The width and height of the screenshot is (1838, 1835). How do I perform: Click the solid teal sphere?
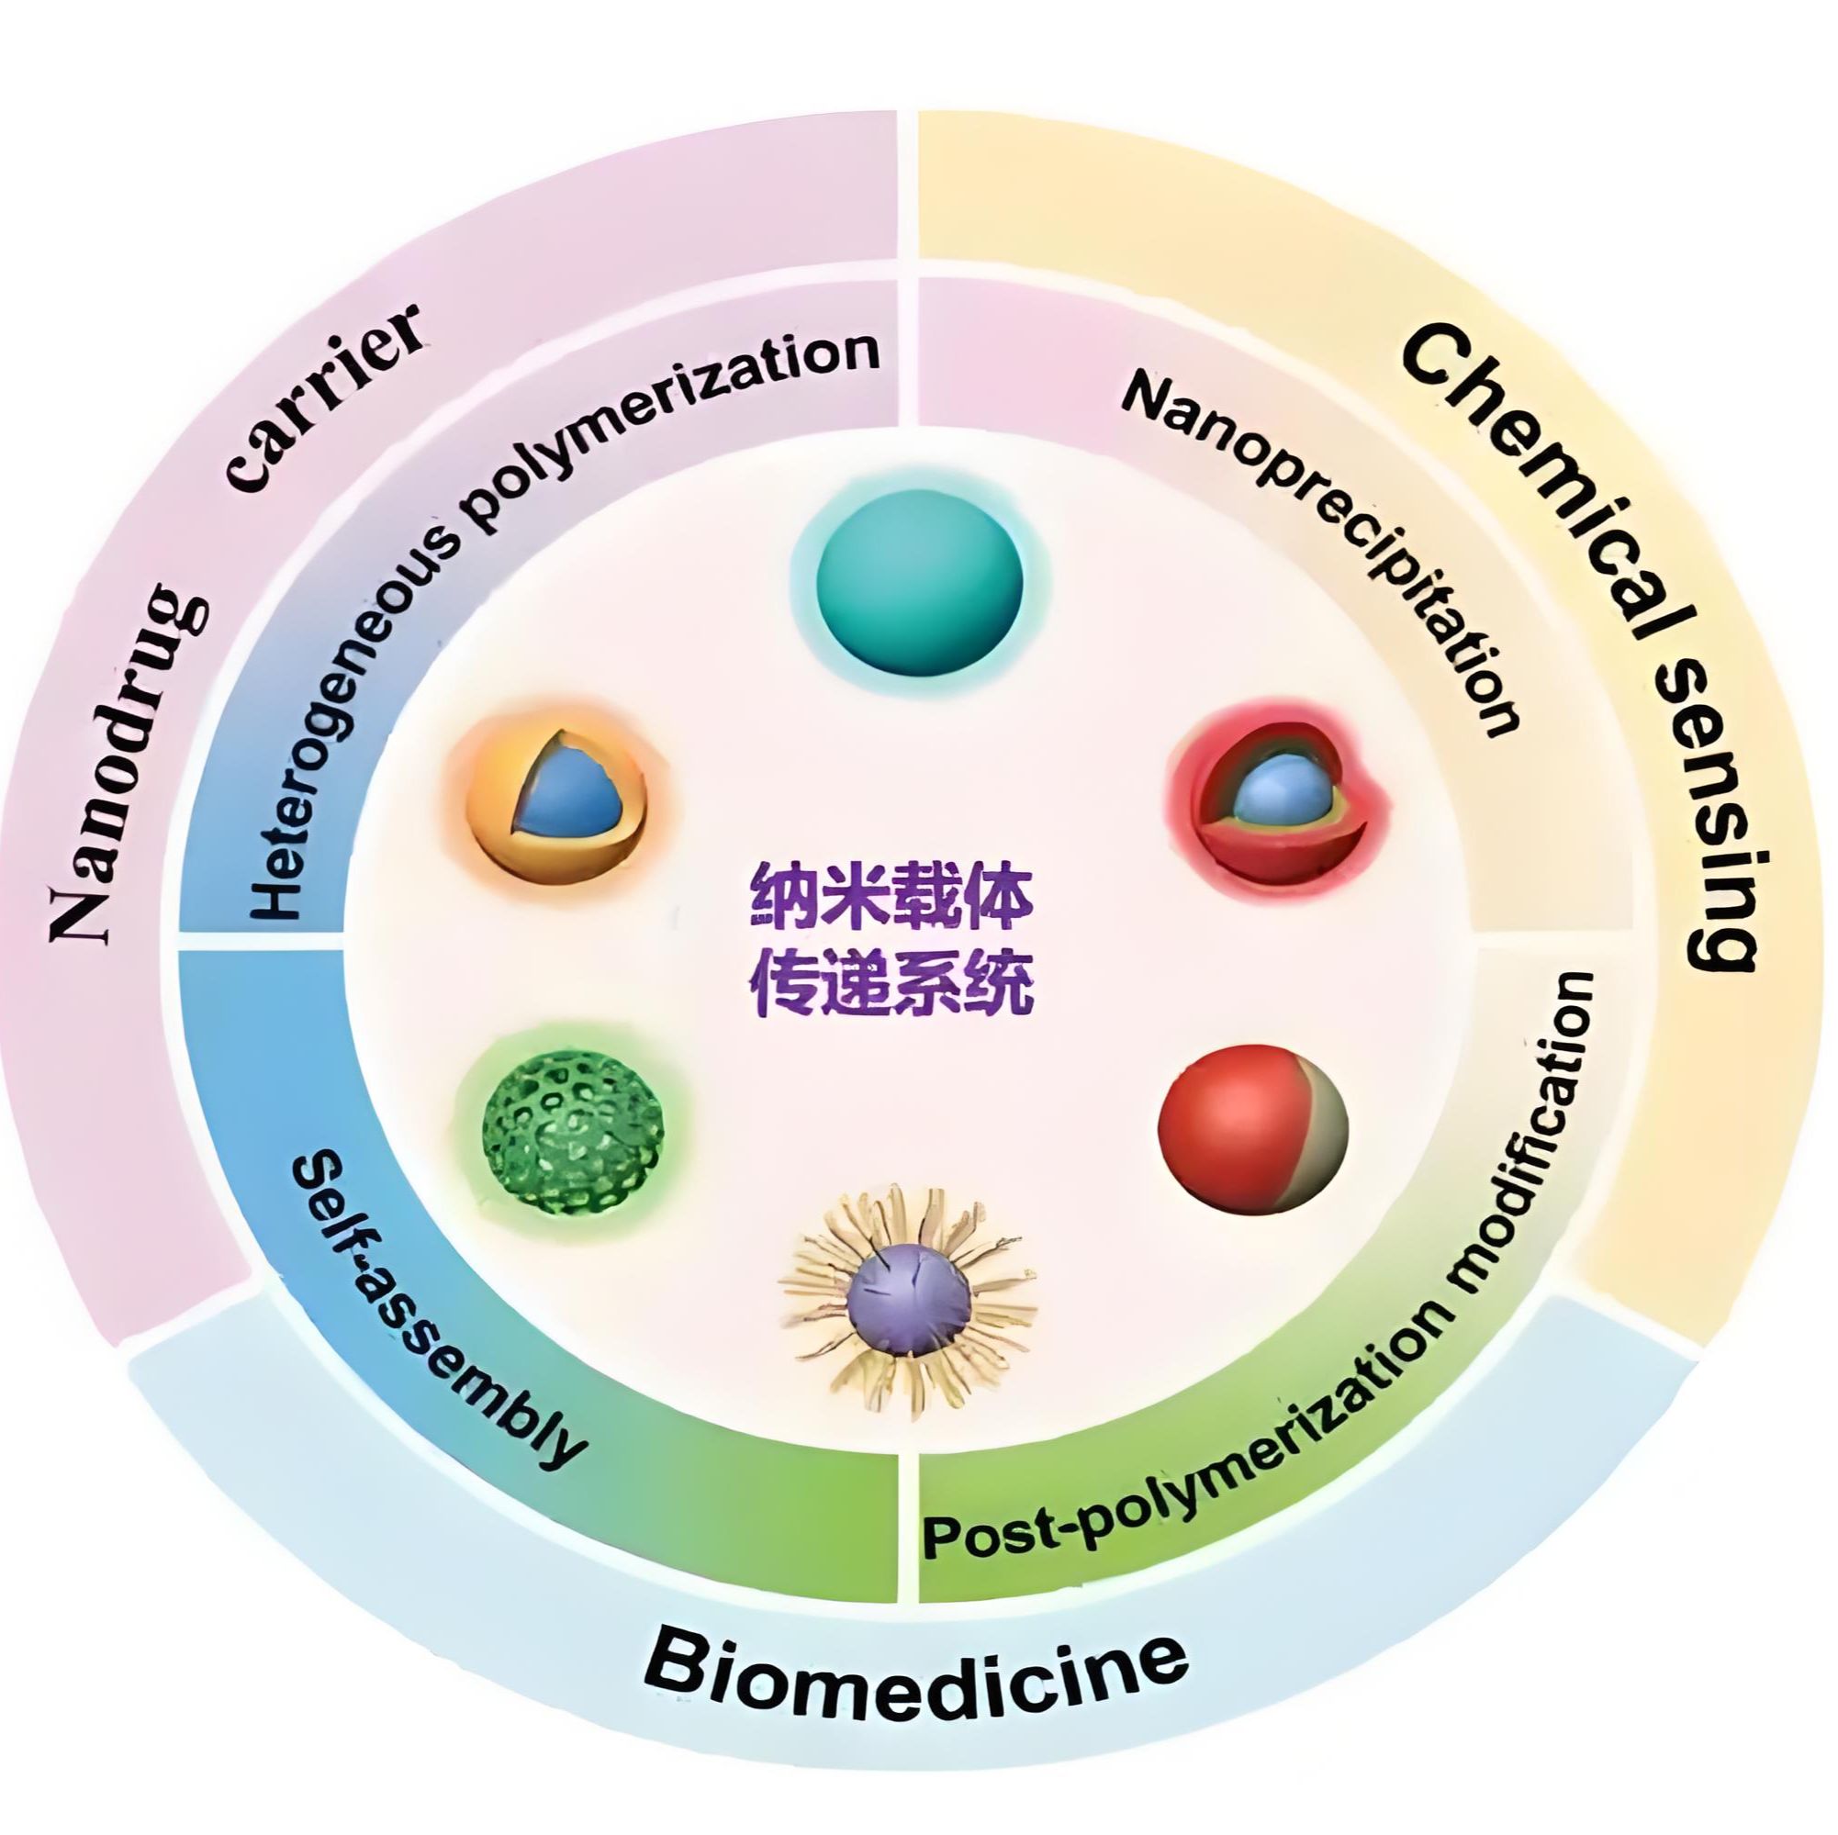[x=919, y=582]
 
